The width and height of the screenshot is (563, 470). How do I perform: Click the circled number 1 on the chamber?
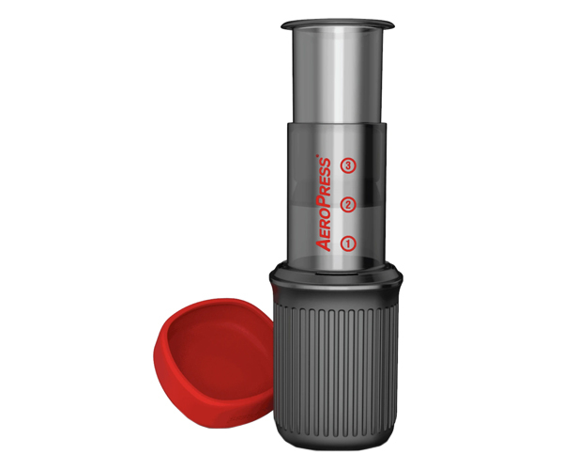tap(348, 243)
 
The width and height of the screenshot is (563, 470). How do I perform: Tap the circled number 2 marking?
tap(348, 204)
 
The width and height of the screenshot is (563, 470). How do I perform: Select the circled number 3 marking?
tap(348, 165)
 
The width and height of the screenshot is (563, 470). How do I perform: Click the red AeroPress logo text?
tap(324, 203)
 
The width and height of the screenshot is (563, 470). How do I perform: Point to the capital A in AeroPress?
tap(324, 243)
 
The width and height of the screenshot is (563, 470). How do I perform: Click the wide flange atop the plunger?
tap(337, 23)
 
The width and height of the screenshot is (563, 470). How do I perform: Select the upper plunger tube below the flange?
tap(337, 75)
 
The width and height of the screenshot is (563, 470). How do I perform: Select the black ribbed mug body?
tap(337, 367)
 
